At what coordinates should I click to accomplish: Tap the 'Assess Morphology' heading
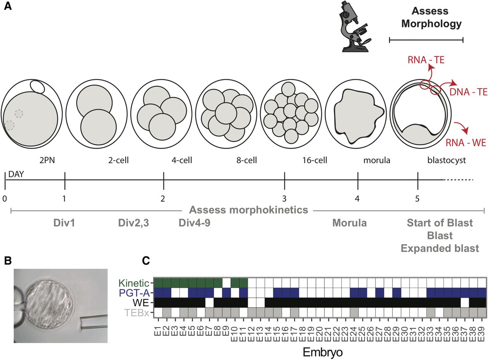[426, 18]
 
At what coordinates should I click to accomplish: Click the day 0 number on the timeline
[5, 198]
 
